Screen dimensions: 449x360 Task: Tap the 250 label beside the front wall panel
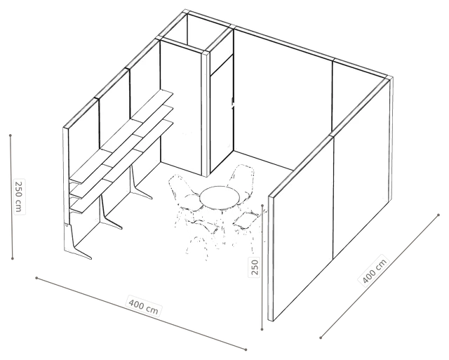[x=255, y=267]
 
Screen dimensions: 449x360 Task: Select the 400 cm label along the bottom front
[x=143, y=306]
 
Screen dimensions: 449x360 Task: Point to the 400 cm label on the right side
[x=375, y=270]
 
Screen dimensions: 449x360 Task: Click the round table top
[x=220, y=197]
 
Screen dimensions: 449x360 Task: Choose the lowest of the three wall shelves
[x=121, y=167]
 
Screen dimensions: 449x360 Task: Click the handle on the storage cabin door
[x=233, y=103]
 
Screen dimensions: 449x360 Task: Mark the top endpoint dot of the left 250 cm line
[x=11, y=135]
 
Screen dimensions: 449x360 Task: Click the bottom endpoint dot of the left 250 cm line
[x=13, y=259]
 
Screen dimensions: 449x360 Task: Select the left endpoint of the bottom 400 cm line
[x=36, y=278]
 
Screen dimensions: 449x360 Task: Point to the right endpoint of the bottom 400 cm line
[x=246, y=349]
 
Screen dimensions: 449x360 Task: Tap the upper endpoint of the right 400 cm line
[x=438, y=215]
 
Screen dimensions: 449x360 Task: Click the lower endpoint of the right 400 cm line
[x=321, y=338]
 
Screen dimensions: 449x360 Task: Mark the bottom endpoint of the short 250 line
[x=262, y=330]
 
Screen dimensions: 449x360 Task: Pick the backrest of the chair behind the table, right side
[x=242, y=175]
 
